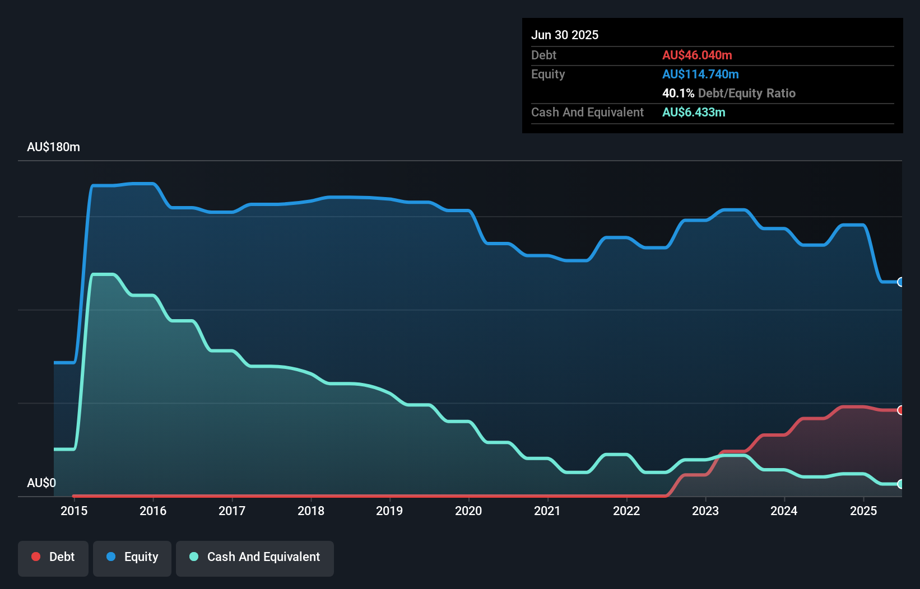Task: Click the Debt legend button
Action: click(53, 558)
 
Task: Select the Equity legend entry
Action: click(132, 558)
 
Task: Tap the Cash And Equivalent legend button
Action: click(255, 558)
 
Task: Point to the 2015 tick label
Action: click(74, 511)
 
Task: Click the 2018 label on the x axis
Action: click(311, 511)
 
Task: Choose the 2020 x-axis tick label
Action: click(468, 511)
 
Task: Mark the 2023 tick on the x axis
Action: click(705, 511)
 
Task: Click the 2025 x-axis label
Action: click(863, 511)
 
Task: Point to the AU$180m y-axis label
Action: click(53, 147)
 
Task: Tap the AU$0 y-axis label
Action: click(41, 483)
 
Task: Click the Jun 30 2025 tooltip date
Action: click(565, 35)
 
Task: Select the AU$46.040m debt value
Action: click(697, 55)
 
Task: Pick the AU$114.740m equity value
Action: click(700, 74)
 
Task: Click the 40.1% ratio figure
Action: click(678, 94)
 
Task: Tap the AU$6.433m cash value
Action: click(694, 113)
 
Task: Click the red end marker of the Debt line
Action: click(900, 410)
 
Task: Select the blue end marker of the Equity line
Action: click(900, 282)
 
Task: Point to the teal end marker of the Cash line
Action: click(900, 484)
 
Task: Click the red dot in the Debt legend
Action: click(36, 557)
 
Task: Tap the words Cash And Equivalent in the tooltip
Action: click(587, 113)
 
